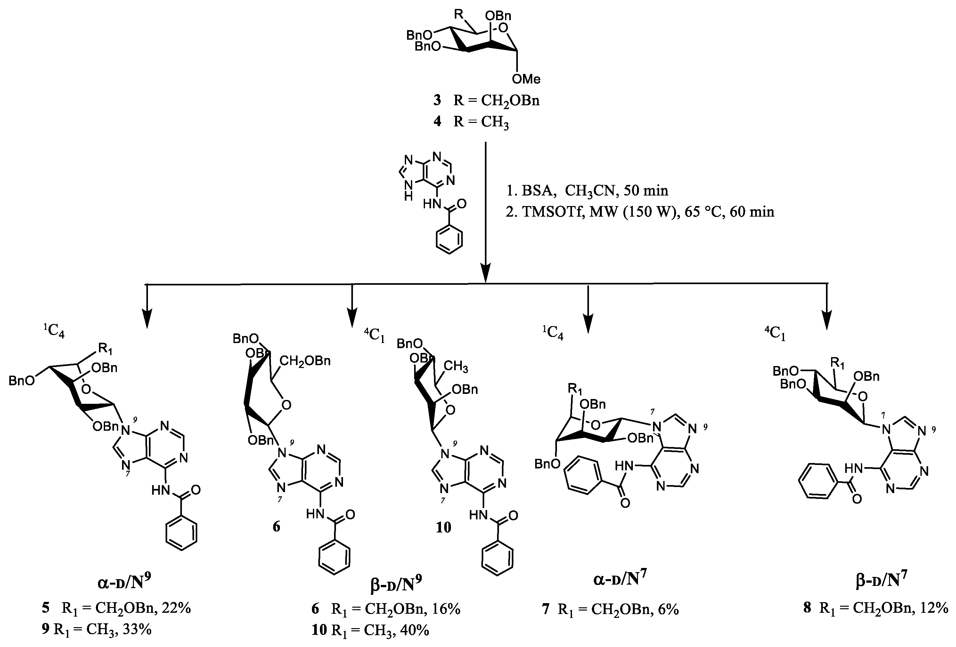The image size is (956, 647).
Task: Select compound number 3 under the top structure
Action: coord(437,100)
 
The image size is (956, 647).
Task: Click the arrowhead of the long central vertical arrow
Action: coord(486,275)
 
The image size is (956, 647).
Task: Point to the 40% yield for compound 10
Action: coord(415,630)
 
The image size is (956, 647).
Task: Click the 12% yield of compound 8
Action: coord(934,608)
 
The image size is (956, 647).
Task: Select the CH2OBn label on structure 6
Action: coord(305,361)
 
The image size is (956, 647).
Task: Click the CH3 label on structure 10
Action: coord(455,366)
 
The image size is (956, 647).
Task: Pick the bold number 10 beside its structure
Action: coord(444,527)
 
